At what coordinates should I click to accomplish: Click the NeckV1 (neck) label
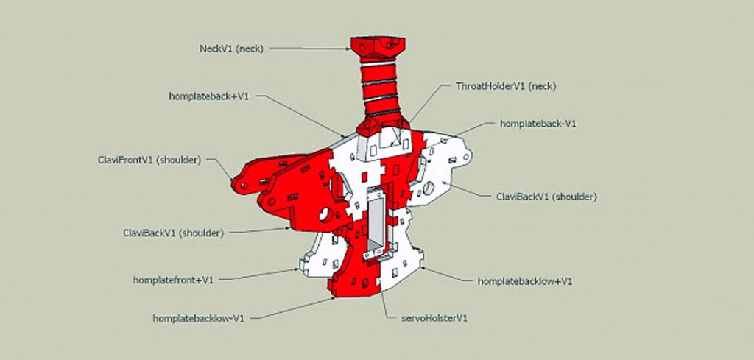[x=231, y=49]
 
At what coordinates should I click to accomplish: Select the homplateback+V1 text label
[x=209, y=96]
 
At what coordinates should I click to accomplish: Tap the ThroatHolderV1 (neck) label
[x=505, y=87]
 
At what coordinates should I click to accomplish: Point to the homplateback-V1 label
[x=538, y=124]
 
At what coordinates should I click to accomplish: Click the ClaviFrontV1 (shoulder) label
[x=149, y=160]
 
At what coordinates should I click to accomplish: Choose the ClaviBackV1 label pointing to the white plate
[x=546, y=197]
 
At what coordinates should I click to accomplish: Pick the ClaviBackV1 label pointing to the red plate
[x=173, y=233]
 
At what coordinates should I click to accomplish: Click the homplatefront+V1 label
[x=173, y=280]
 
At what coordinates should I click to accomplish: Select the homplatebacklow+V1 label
[x=525, y=281]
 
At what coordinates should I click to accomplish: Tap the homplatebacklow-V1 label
[x=199, y=318]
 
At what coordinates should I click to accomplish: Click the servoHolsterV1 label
[x=434, y=318]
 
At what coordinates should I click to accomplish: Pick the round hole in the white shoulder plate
[x=429, y=188]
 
